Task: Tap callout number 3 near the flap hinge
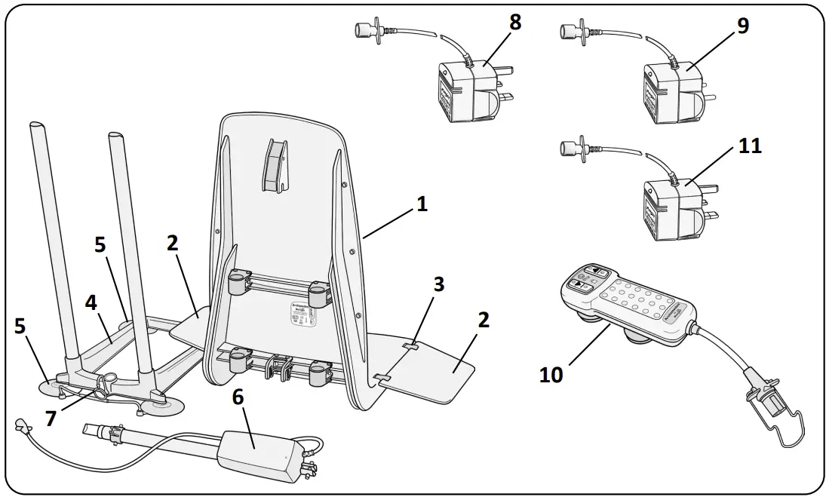coord(438,284)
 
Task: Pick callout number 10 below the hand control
coord(551,374)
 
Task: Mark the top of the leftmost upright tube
coord(38,125)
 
